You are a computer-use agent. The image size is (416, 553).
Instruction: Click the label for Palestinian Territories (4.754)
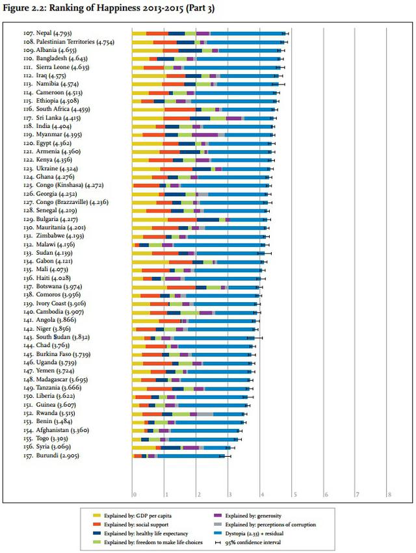pyautogui.click(x=68, y=42)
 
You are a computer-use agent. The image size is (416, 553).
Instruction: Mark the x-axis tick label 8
pyautogui.click(x=389, y=495)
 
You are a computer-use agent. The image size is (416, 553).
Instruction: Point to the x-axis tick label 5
pyautogui.click(x=294, y=495)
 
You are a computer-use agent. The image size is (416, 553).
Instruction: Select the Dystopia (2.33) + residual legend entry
pyautogui.click(x=260, y=532)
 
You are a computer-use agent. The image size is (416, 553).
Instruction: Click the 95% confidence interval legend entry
pyautogui.click(x=256, y=541)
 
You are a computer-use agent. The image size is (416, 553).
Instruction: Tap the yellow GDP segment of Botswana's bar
pyautogui.click(x=149, y=287)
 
